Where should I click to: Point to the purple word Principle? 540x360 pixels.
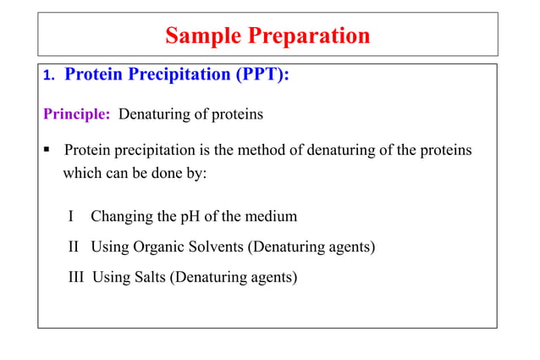pyautogui.click(x=77, y=114)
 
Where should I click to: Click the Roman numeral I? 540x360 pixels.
pyautogui.click(x=71, y=216)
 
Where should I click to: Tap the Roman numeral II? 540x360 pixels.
pyautogui.click(x=74, y=246)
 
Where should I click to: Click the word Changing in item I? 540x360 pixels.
pyautogui.click(x=122, y=216)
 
